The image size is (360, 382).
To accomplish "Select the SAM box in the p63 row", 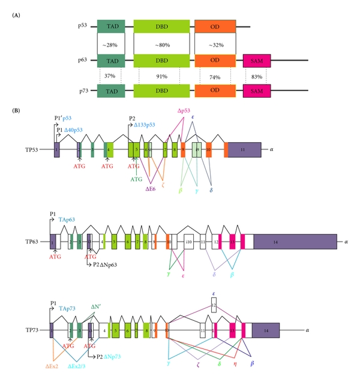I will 257,61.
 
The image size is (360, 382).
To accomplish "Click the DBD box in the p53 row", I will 160,27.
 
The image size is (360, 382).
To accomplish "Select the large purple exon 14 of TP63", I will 295,241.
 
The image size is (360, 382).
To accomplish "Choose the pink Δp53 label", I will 184,110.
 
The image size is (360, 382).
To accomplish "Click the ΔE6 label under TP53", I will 151,188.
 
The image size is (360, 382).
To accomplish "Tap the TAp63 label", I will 67,220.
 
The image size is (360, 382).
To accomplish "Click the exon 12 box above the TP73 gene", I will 214,305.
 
